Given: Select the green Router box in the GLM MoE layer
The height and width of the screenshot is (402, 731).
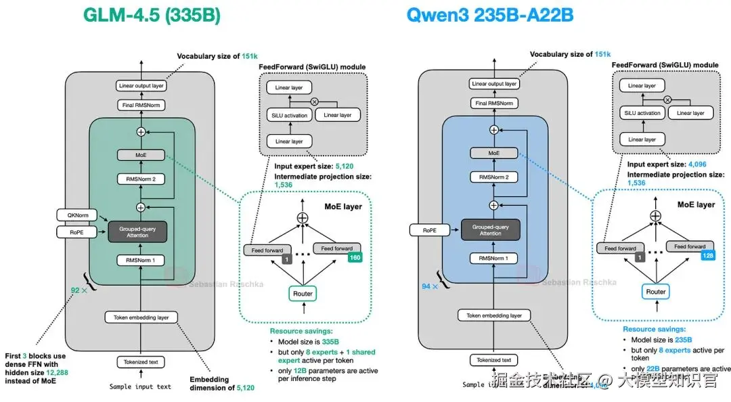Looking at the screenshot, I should pos(303,293).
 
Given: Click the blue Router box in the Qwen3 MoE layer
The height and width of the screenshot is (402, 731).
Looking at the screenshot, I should pos(655,292).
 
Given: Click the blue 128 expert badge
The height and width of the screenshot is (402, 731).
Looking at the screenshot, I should pos(709,256).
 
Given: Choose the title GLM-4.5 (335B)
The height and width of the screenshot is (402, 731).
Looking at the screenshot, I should pos(151,15).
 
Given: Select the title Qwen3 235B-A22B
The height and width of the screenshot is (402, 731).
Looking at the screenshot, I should pos(489,15).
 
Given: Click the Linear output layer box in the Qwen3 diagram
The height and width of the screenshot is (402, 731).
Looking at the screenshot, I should pos(494,84).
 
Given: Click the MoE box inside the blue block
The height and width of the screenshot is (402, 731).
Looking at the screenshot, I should pos(494,154).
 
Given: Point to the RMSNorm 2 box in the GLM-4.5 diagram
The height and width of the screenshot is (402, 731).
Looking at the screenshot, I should pos(141,179).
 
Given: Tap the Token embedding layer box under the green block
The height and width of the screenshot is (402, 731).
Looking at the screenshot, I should pos(141,317).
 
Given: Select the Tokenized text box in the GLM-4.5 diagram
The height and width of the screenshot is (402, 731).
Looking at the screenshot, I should pos(141,361).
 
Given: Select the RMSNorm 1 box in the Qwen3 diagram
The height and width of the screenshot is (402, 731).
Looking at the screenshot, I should pos(494,259).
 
